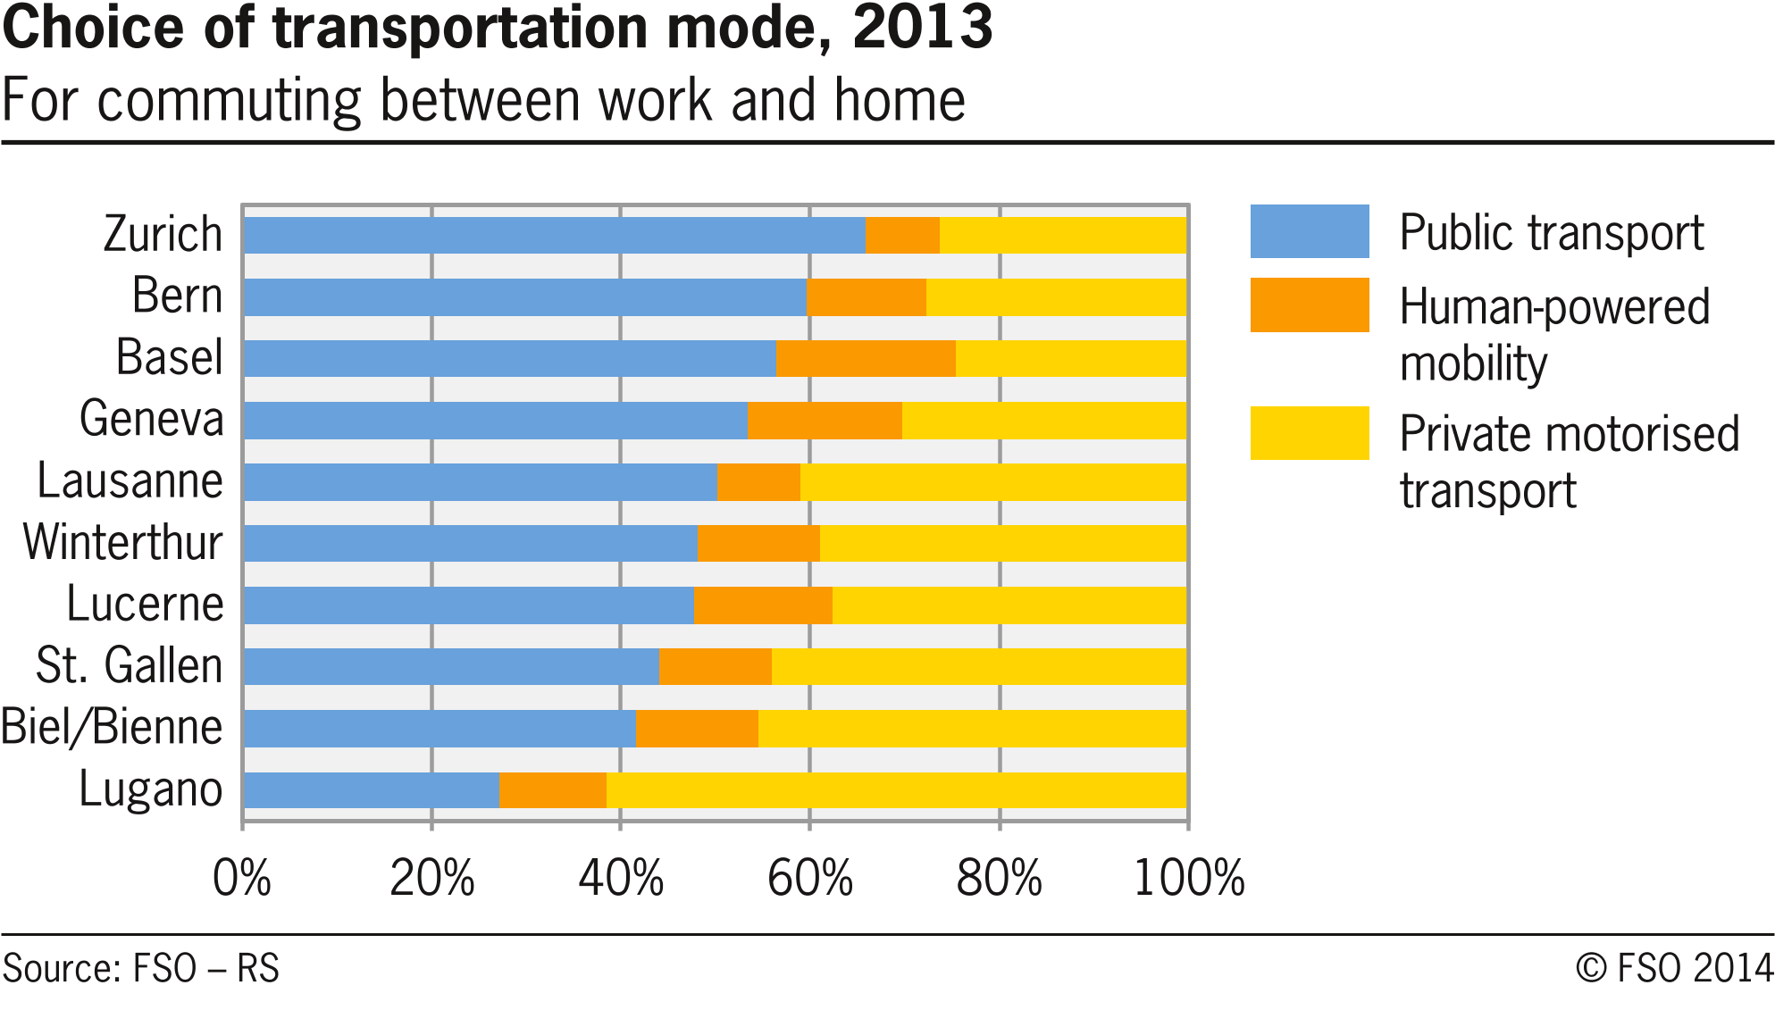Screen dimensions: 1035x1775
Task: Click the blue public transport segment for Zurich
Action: coord(554,235)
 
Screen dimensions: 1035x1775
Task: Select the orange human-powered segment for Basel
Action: coord(866,358)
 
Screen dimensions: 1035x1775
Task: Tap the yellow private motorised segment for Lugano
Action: coord(896,790)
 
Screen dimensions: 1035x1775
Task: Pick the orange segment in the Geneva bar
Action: coord(825,420)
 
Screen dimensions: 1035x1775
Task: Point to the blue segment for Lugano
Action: coord(371,790)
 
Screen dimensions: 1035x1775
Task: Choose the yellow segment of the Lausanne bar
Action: coord(992,482)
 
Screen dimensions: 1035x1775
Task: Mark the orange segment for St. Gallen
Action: coord(715,667)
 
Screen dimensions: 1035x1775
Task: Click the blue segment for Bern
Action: coord(524,296)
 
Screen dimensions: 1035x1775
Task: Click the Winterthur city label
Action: coord(122,542)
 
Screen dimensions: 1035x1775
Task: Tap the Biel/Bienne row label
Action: coord(112,727)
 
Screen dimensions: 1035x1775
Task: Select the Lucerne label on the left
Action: coord(145,604)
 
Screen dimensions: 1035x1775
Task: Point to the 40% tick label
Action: coord(621,878)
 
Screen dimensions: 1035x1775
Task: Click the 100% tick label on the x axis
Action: coord(1188,878)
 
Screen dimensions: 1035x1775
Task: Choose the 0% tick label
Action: coord(242,878)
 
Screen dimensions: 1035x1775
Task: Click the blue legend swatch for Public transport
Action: coord(1309,231)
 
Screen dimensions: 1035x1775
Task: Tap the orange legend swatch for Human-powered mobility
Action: coord(1309,305)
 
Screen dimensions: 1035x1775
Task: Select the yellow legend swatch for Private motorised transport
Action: coord(1309,433)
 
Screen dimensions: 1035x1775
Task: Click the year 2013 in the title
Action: coord(922,27)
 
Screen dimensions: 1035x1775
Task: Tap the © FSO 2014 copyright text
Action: coord(1673,969)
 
